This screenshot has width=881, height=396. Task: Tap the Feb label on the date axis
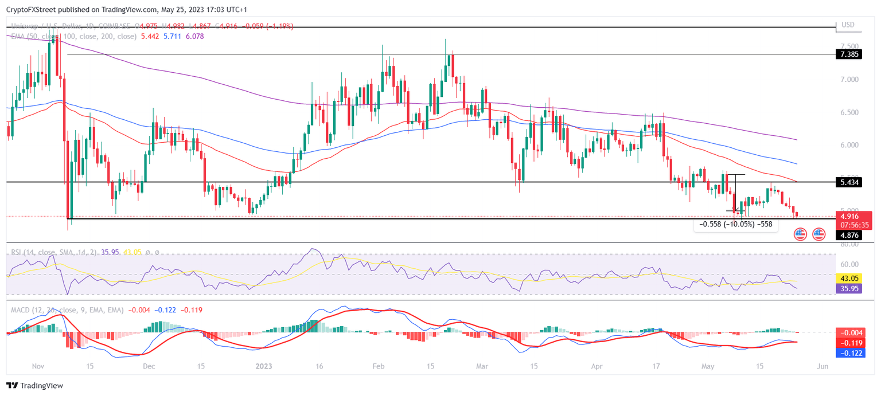(377, 366)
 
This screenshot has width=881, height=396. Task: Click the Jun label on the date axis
(822, 366)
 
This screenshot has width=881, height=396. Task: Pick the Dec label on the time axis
(149, 366)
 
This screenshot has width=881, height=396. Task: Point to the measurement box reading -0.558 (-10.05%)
(735, 225)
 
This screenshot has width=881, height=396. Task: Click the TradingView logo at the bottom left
(35, 386)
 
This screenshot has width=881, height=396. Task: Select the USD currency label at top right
(848, 25)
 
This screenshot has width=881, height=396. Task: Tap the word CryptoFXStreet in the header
(32, 9)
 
